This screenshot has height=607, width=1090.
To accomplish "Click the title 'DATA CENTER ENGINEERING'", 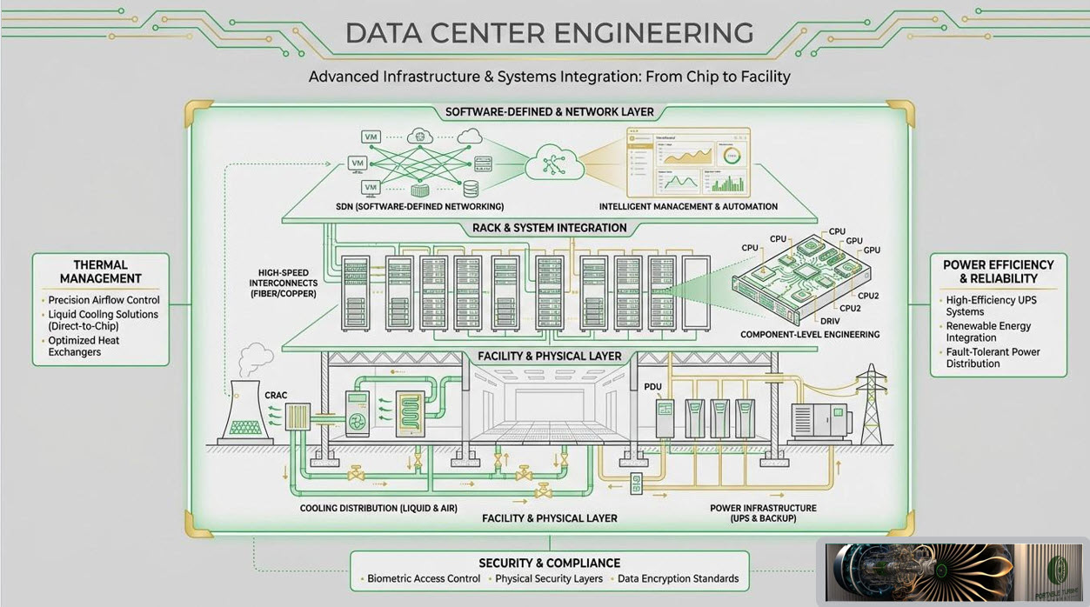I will coord(549,33).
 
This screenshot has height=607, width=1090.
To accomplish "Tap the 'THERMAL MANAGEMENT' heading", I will coord(101,271).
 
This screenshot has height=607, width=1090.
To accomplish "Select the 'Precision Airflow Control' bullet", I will coord(104,300).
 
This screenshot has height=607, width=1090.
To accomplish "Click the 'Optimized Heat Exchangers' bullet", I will coord(84,346).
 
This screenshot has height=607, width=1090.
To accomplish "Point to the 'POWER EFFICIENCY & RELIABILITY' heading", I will coord(998,271).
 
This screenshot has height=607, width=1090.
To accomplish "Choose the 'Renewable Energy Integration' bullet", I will coord(988,331).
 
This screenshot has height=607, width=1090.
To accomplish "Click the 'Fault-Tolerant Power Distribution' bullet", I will coord(993,357).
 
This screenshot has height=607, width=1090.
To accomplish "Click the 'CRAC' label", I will coord(276,396).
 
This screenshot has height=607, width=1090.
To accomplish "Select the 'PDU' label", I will coord(653,386).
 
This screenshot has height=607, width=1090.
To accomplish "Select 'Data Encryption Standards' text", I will coord(678,578).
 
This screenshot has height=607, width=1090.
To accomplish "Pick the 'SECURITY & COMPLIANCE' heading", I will coord(549,563).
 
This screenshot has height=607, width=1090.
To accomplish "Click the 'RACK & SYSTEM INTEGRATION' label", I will coord(549,228).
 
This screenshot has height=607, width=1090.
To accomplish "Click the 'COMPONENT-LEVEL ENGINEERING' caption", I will coord(810,334).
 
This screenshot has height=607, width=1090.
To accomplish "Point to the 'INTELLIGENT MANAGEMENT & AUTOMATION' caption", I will coord(688,207).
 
